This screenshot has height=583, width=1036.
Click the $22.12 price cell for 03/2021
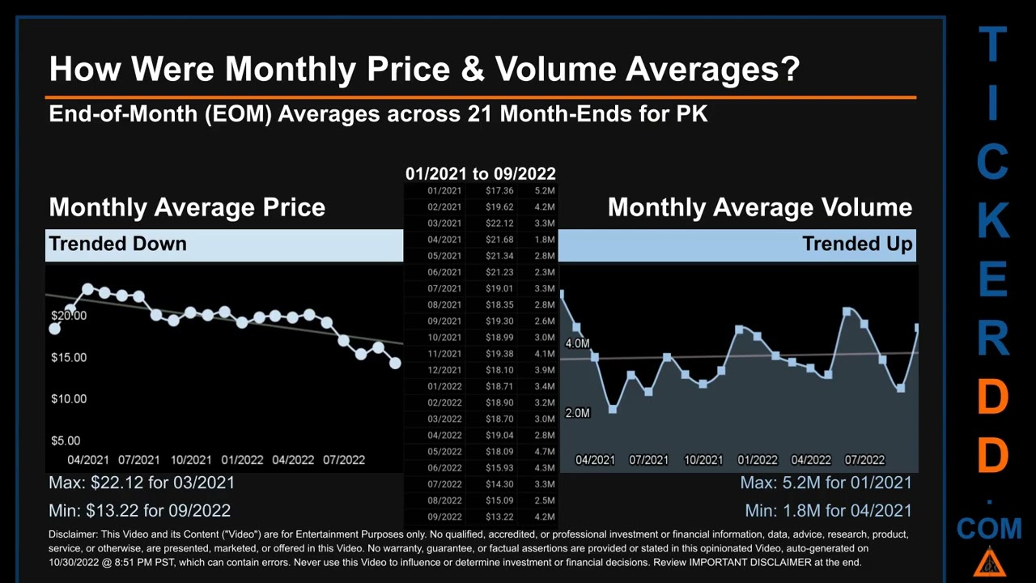(x=499, y=223)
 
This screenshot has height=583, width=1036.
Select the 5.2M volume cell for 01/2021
(x=545, y=191)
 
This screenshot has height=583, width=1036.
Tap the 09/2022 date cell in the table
(x=444, y=517)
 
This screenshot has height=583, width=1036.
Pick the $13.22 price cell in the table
(x=499, y=517)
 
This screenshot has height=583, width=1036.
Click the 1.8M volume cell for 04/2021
(x=545, y=240)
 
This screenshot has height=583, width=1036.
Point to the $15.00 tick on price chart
(x=69, y=357)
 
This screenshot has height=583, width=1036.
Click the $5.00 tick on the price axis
(x=66, y=440)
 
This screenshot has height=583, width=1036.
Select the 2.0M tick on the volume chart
(x=577, y=413)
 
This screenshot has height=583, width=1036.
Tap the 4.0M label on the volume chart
(x=577, y=343)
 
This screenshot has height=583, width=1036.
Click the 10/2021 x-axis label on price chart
(x=191, y=460)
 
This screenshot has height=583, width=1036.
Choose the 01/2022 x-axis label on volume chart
(x=757, y=460)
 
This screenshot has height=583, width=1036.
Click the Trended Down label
(x=117, y=244)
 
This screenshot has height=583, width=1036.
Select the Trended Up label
(x=857, y=244)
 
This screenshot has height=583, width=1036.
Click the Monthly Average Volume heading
(x=759, y=207)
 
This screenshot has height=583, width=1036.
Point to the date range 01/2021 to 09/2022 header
(x=480, y=173)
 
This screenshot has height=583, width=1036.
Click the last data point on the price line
(x=395, y=364)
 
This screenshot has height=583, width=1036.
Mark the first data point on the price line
(x=54, y=329)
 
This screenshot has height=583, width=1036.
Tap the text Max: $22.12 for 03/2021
(x=142, y=483)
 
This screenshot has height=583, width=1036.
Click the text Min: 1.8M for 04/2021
(x=828, y=511)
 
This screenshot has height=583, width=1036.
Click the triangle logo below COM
(x=989, y=562)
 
